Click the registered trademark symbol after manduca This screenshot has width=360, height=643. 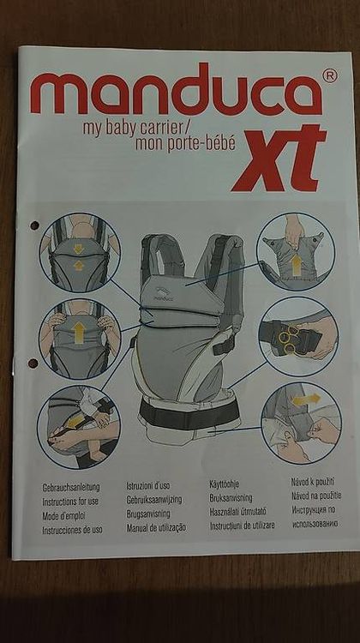pyautogui.click(x=330, y=75)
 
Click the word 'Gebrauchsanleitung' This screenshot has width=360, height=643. pyautogui.click(x=71, y=488)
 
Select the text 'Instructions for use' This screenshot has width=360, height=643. pyautogui.click(x=70, y=502)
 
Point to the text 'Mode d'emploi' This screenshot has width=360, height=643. pyautogui.click(x=63, y=515)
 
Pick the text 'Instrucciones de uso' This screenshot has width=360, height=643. pyautogui.click(x=72, y=530)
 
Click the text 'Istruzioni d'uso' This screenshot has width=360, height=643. pyautogui.click(x=148, y=486)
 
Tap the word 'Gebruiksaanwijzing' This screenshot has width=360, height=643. pyautogui.click(x=154, y=500)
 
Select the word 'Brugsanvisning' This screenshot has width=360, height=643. pyautogui.click(x=148, y=514)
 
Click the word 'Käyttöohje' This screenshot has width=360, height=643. pyautogui.click(x=225, y=484)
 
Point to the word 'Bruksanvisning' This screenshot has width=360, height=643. pyautogui.click(x=231, y=498)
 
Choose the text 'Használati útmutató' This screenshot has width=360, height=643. pyautogui.click(x=237, y=511)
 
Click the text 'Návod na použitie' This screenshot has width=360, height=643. pyautogui.click(x=316, y=496)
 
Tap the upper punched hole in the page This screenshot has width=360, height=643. pyautogui.click(x=34, y=225)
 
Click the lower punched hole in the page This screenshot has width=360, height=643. pyautogui.click(x=33, y=364)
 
